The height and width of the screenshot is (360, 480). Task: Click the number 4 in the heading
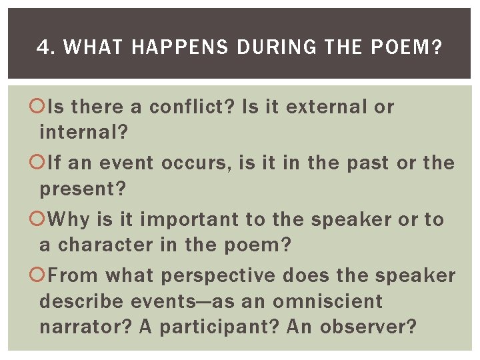(x=42, y=47)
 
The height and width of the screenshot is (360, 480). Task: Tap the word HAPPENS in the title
(x=163, y=47)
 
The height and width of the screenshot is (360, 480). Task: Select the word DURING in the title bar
(x=261, y=47)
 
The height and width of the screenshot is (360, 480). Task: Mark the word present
(x=83, y=189)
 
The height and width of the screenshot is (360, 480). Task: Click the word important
(x=193, y=219)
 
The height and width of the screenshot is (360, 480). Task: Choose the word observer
(x=368, y=327)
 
